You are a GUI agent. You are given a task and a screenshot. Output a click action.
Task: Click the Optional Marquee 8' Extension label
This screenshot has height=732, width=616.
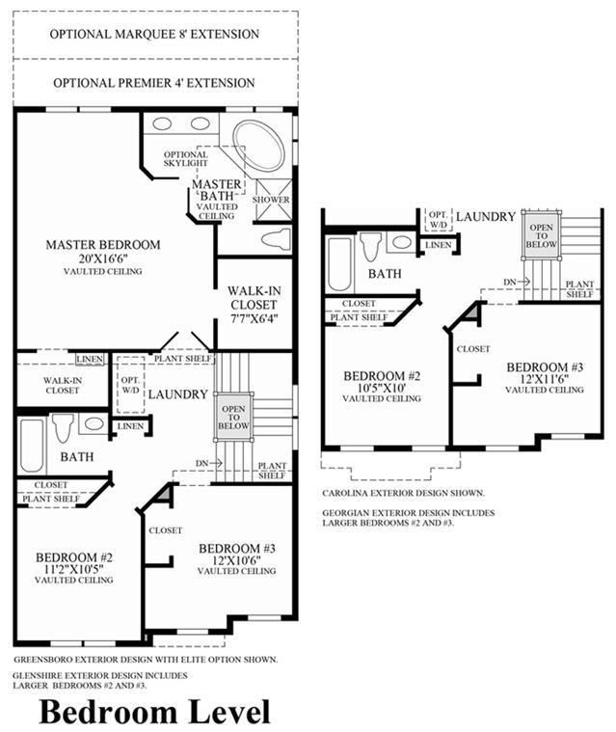coord(154,34)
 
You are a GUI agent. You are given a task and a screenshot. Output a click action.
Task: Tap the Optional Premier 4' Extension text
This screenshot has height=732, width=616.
coord(154,83)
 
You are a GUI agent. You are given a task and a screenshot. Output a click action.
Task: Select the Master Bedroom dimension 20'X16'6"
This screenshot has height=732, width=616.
coord(103,258)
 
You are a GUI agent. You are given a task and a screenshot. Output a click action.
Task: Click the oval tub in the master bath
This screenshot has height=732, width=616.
coord(259,147)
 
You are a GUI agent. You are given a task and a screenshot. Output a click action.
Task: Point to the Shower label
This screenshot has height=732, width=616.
coord(271,200)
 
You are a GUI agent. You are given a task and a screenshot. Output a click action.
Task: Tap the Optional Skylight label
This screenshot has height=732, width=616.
coord(186,159)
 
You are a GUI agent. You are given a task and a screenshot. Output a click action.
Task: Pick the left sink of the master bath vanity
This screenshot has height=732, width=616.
coord(162,123)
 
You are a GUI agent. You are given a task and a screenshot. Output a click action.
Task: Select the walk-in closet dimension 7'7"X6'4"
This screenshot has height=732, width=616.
coord(254,319)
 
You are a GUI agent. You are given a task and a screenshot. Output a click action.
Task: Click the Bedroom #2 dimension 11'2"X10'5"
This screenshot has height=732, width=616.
coord(73,569)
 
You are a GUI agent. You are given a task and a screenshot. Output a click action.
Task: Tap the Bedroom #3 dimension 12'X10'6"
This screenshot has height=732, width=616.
coord(236,560)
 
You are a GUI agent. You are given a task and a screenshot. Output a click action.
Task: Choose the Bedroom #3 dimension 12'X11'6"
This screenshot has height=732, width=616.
coord(545,379)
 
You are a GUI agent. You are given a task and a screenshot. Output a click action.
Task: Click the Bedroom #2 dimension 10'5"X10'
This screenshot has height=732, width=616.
coord(382,388)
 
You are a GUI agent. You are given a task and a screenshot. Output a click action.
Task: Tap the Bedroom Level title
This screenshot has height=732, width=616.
coord(154,712)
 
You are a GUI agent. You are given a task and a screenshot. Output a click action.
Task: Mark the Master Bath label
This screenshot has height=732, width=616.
coord(217,190)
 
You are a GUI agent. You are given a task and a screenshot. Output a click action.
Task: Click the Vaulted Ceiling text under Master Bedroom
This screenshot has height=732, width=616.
coord(103,271)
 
